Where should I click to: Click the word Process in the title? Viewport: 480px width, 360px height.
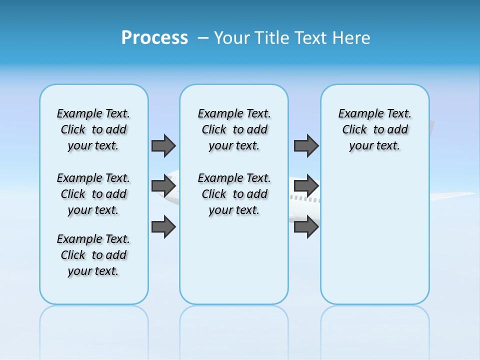[x=154, y=38]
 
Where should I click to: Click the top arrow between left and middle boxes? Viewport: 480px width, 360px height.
[x=163, y=146]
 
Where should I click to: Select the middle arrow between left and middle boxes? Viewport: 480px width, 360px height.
[x=163, y=186]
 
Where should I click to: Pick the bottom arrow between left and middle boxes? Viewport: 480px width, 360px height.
[x=163, y=227]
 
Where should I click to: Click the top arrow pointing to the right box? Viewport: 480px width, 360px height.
[x=306, y=146]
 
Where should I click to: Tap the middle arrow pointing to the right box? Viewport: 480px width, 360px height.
[x=306, y=186]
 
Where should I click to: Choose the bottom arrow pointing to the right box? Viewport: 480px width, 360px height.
[x=306, y=227]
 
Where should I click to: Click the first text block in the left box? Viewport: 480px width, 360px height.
[x=93, y=129]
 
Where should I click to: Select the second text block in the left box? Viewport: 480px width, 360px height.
[x=93, y=194]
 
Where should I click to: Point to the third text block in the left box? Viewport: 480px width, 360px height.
[x=93, y=255]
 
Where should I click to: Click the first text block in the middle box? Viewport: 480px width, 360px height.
[x=234, y=129]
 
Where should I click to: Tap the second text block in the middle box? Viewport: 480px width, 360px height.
[x=234, y=194]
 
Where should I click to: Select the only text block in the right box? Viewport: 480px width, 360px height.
[x=374, y=129]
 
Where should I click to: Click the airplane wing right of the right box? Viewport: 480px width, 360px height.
[x=452, y=195]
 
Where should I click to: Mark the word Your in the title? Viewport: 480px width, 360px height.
[x=232, y=38]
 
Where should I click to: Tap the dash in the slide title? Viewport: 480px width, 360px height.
[x=203, y=38]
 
